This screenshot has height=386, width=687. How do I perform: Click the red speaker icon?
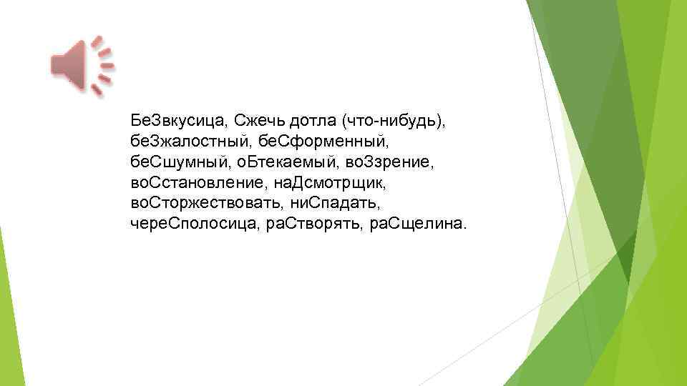(x=80, y=65)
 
